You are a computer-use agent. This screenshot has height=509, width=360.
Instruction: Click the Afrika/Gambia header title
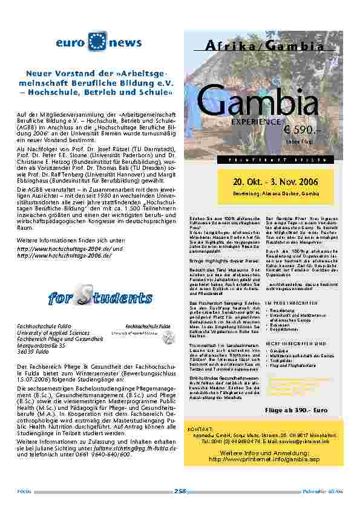tap(265, 47)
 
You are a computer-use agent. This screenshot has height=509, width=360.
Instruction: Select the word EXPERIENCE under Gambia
tap(250, 122)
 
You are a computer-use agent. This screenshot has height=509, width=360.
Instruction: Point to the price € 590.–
tap(301, 131)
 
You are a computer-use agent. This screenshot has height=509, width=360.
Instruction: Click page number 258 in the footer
tap(180, 491)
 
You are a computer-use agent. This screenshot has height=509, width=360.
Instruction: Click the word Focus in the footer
tap(24, 491)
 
